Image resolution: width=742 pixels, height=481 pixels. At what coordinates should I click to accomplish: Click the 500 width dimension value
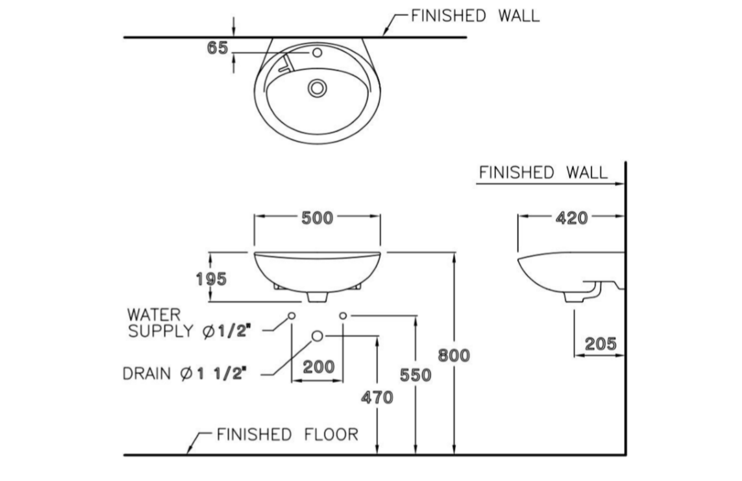pyautogui.click(x=317, y=218)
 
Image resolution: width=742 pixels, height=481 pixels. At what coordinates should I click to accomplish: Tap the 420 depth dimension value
pyautogui.click(x=571, y=218)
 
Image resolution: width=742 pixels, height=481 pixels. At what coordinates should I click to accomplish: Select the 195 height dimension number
pyautogui.click(x=211, y=279)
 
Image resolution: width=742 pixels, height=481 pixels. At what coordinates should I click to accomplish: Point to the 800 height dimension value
pyautogui.click(x=454, y=355)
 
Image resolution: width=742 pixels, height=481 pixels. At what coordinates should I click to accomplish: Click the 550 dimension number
pyautogui.click(x=415, y=375)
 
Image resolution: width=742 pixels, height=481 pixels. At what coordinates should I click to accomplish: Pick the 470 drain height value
pyautogui.click(x=377, y=397)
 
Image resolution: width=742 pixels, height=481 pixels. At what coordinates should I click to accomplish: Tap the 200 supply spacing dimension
pyautogui.click(x=319, y=367)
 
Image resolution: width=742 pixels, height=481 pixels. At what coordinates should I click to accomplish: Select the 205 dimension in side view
pyautogui.click(x=600, y=344)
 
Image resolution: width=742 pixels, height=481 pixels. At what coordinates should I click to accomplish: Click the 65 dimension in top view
pyautogui.click(x=217, y=48)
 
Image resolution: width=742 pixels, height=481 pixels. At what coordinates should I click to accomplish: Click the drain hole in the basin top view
pyautogui.click(x=317, y=88)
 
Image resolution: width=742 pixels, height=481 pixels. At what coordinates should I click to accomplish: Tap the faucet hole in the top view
pyautogui.click(x=317, y=52)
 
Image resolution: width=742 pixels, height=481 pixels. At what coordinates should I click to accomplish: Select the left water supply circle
pyautogui.click(x=291, y=315)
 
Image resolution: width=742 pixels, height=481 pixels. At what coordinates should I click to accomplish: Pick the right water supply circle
pyautogui.click(x=343, y=315)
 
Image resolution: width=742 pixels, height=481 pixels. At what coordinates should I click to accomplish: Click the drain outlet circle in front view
pyautogui.click(x=317, y=336)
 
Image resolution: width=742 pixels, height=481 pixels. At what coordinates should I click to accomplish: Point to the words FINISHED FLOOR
pyautogui.click(x=287, y=434)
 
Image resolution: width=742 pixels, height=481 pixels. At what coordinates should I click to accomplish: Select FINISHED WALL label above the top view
pyautogui.click(x=475, y=16)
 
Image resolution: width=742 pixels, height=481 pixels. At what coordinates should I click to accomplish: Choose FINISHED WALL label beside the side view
pyautogui.click(x=543, y=173)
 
